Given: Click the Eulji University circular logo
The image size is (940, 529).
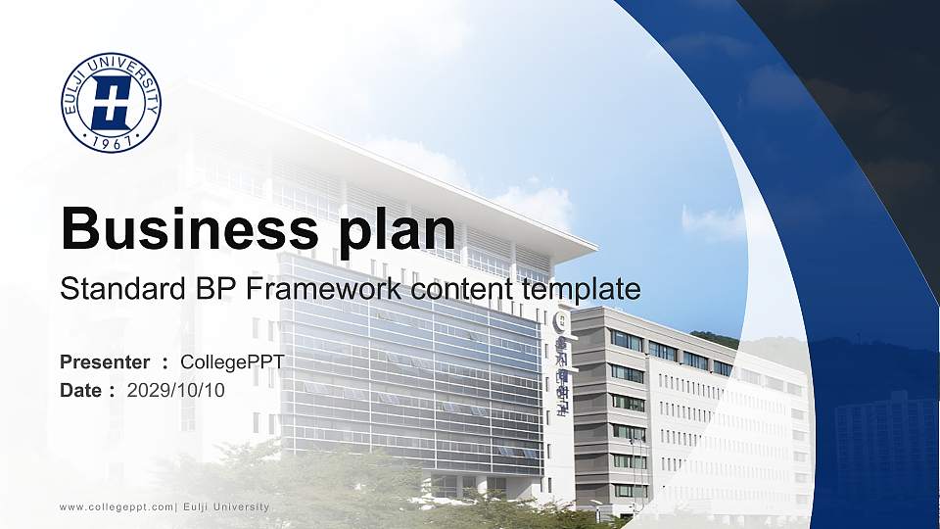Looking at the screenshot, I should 111,103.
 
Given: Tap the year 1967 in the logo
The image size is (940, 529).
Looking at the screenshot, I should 111,143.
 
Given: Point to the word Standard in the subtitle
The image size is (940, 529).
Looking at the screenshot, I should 110,289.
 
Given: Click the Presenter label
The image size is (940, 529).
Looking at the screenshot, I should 105,362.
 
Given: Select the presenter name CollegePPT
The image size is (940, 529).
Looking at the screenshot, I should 232,362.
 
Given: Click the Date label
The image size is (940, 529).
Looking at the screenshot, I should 81,390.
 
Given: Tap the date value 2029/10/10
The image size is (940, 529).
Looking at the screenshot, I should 176,390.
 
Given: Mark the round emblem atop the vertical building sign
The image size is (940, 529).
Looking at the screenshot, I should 561,321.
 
